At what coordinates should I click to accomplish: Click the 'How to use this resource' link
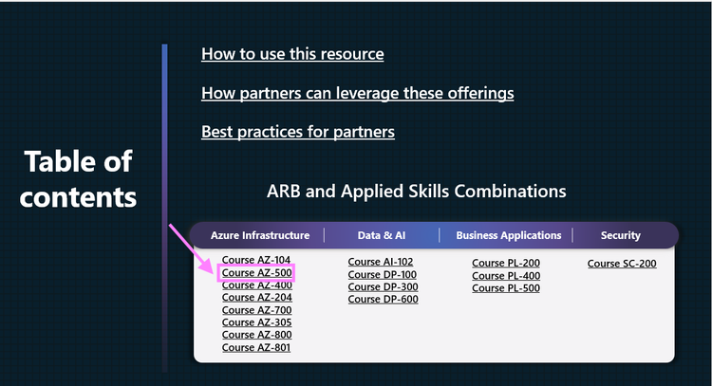[292, 54]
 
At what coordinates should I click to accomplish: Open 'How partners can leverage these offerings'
[357, 93]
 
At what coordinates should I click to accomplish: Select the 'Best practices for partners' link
[297, 132]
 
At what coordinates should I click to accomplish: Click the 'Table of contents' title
[78, 179]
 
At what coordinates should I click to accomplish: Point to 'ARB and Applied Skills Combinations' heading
[417, 192]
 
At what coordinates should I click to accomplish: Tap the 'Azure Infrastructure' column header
[260, 235]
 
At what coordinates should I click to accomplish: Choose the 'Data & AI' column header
[382, 235]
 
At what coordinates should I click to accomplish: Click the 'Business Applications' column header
[508, 235]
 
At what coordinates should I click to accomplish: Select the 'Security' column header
[621, 235]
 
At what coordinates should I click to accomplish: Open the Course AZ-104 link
[256, 260]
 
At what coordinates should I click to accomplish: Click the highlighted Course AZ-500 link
[256, 273]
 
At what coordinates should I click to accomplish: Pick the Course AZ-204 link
[256, 298]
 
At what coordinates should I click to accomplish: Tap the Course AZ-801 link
[256, 347]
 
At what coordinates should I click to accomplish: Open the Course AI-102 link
[381, 263]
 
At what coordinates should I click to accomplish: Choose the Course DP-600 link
[383, 300]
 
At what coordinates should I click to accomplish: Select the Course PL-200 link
[506, 264]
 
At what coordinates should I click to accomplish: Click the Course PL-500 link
[506, 288]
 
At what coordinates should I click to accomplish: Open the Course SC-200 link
[622, 264]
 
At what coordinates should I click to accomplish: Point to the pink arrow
[191, 248]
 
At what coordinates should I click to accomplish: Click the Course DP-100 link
[382, 275]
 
